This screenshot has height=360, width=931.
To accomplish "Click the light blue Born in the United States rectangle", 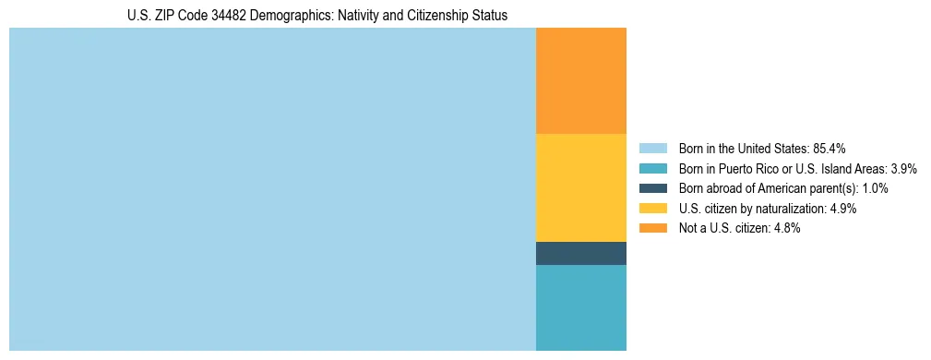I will click(x=272, y=189).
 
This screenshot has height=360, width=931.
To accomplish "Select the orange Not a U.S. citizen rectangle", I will click(x=580, y=81).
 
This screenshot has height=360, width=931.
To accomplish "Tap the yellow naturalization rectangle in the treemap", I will click(x=580, y=187).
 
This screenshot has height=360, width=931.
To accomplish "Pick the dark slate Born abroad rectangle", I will click(x=580, y=253).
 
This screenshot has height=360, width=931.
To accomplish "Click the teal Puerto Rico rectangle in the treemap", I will click(x=580, y=307).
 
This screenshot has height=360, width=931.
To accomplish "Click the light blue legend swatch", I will click(x=652, y=148).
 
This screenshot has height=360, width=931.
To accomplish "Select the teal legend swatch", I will click(x=652, y=168).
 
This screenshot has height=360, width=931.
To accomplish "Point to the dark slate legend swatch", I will click(x=652, y=188).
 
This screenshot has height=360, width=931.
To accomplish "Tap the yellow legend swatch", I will click(x=652, y=209).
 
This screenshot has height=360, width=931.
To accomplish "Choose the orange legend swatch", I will click(x=652, y=228).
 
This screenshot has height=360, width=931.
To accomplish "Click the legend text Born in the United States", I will click(x=743, y=148).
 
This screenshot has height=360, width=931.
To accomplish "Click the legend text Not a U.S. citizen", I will click(x=725, y=228).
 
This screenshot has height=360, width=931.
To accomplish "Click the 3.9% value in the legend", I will click(x=903, y=168).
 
